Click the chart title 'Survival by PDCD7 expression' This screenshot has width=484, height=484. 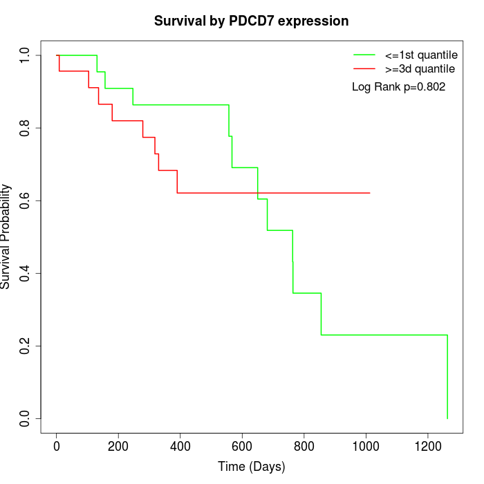[251, 21]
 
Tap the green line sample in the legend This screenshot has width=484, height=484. [364, 55]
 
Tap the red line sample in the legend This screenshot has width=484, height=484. [364, 69]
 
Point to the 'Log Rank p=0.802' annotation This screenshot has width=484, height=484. [399, 87]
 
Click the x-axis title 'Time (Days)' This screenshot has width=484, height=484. [251, 467]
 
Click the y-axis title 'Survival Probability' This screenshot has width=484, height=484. [6, 236]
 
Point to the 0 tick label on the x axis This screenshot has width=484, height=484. [57, 445]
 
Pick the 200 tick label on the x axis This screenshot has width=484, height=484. [118, 445]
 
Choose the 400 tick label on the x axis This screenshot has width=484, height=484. [180, 445]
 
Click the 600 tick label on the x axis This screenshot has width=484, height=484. [242, 445]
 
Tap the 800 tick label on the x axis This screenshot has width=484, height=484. [304, 445]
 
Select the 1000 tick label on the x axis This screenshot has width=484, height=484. [365, 445]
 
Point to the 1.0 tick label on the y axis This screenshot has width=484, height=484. [26, 55]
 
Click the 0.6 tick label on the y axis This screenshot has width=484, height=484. [26, 201]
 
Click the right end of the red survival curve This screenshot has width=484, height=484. [370, 193]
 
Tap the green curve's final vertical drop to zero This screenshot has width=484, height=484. [447, 377]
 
